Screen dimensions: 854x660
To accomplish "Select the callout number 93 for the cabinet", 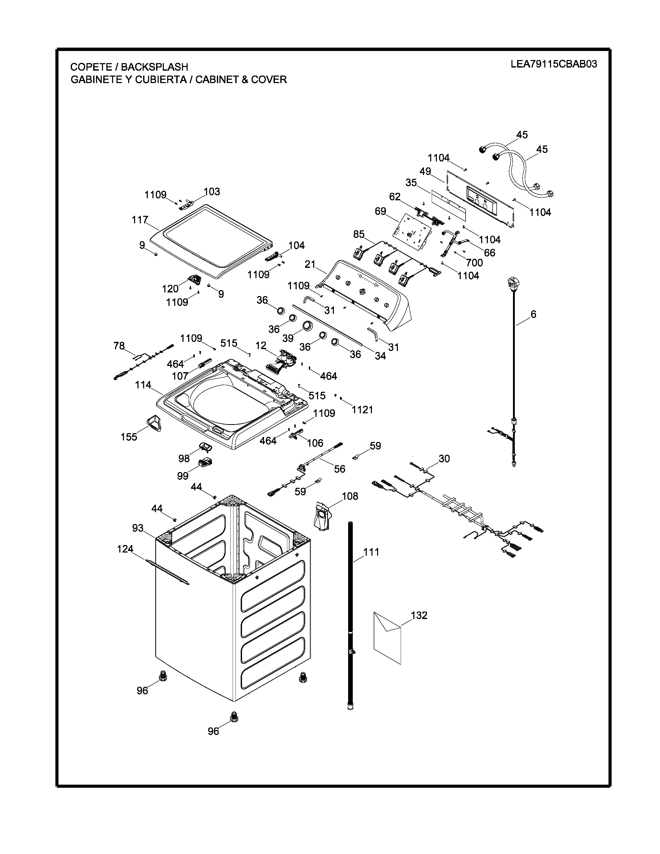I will point(138,528).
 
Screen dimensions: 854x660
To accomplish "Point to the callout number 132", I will point(419,615).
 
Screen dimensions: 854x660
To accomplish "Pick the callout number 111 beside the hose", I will point(371,552).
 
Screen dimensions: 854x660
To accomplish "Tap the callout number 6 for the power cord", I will point(533,314).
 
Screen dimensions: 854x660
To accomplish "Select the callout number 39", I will point(288,337).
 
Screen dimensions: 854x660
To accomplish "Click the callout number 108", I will point(350,496).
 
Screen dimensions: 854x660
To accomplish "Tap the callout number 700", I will point(474,262).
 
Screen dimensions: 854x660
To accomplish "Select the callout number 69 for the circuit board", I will point(380,211).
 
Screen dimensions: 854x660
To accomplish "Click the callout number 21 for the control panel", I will point(310,264).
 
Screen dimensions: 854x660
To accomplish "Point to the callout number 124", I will point(125,549).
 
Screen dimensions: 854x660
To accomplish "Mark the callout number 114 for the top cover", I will point(143,385).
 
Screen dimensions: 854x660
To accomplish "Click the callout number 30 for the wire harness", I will point(444,458).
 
